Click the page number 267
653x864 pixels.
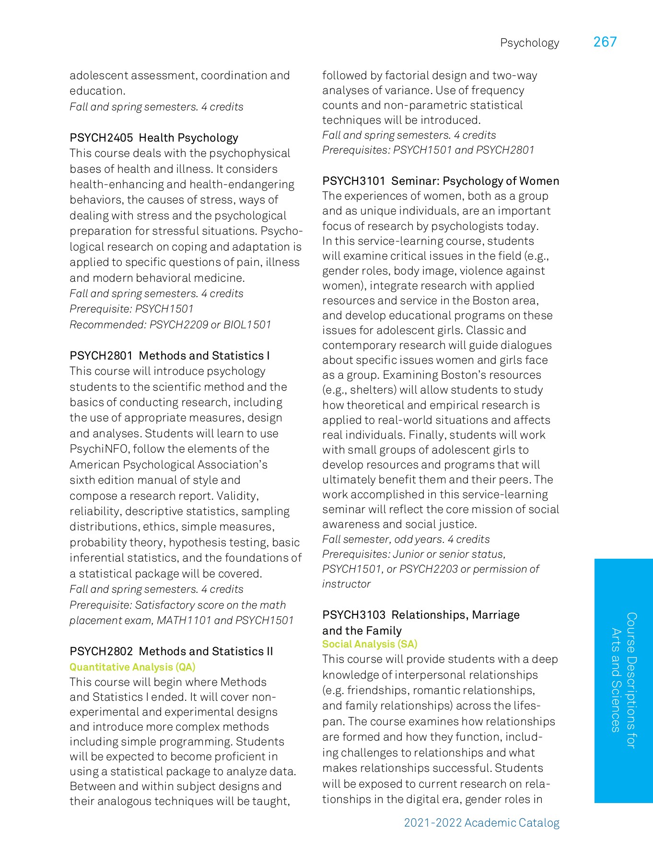[605, 42]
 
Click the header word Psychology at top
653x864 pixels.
[529, 43]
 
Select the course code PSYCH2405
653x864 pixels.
[101, 138]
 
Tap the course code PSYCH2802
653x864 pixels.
[101, 651]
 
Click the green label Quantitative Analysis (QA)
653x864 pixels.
[132, 667]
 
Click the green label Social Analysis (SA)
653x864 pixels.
[370, 644]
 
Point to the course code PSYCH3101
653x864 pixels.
[354, 181]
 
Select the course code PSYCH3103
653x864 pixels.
[354, 615]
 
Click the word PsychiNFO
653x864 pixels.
[99, 449]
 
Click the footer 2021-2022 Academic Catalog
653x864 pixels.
[481, 823]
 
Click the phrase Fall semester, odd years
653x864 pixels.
[383, 539]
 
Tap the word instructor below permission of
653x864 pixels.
[346, 584]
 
